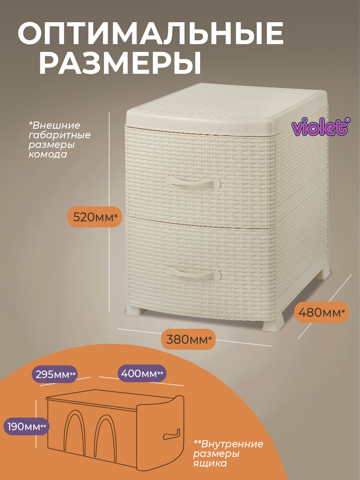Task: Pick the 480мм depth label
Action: point(322,312)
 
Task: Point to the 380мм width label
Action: point(188,340)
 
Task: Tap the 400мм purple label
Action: point(142,373)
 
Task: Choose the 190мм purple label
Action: point(26,426)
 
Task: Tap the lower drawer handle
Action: point(193,274)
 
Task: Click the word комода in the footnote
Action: point(48,154)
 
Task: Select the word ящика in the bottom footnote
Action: point(210,463)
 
